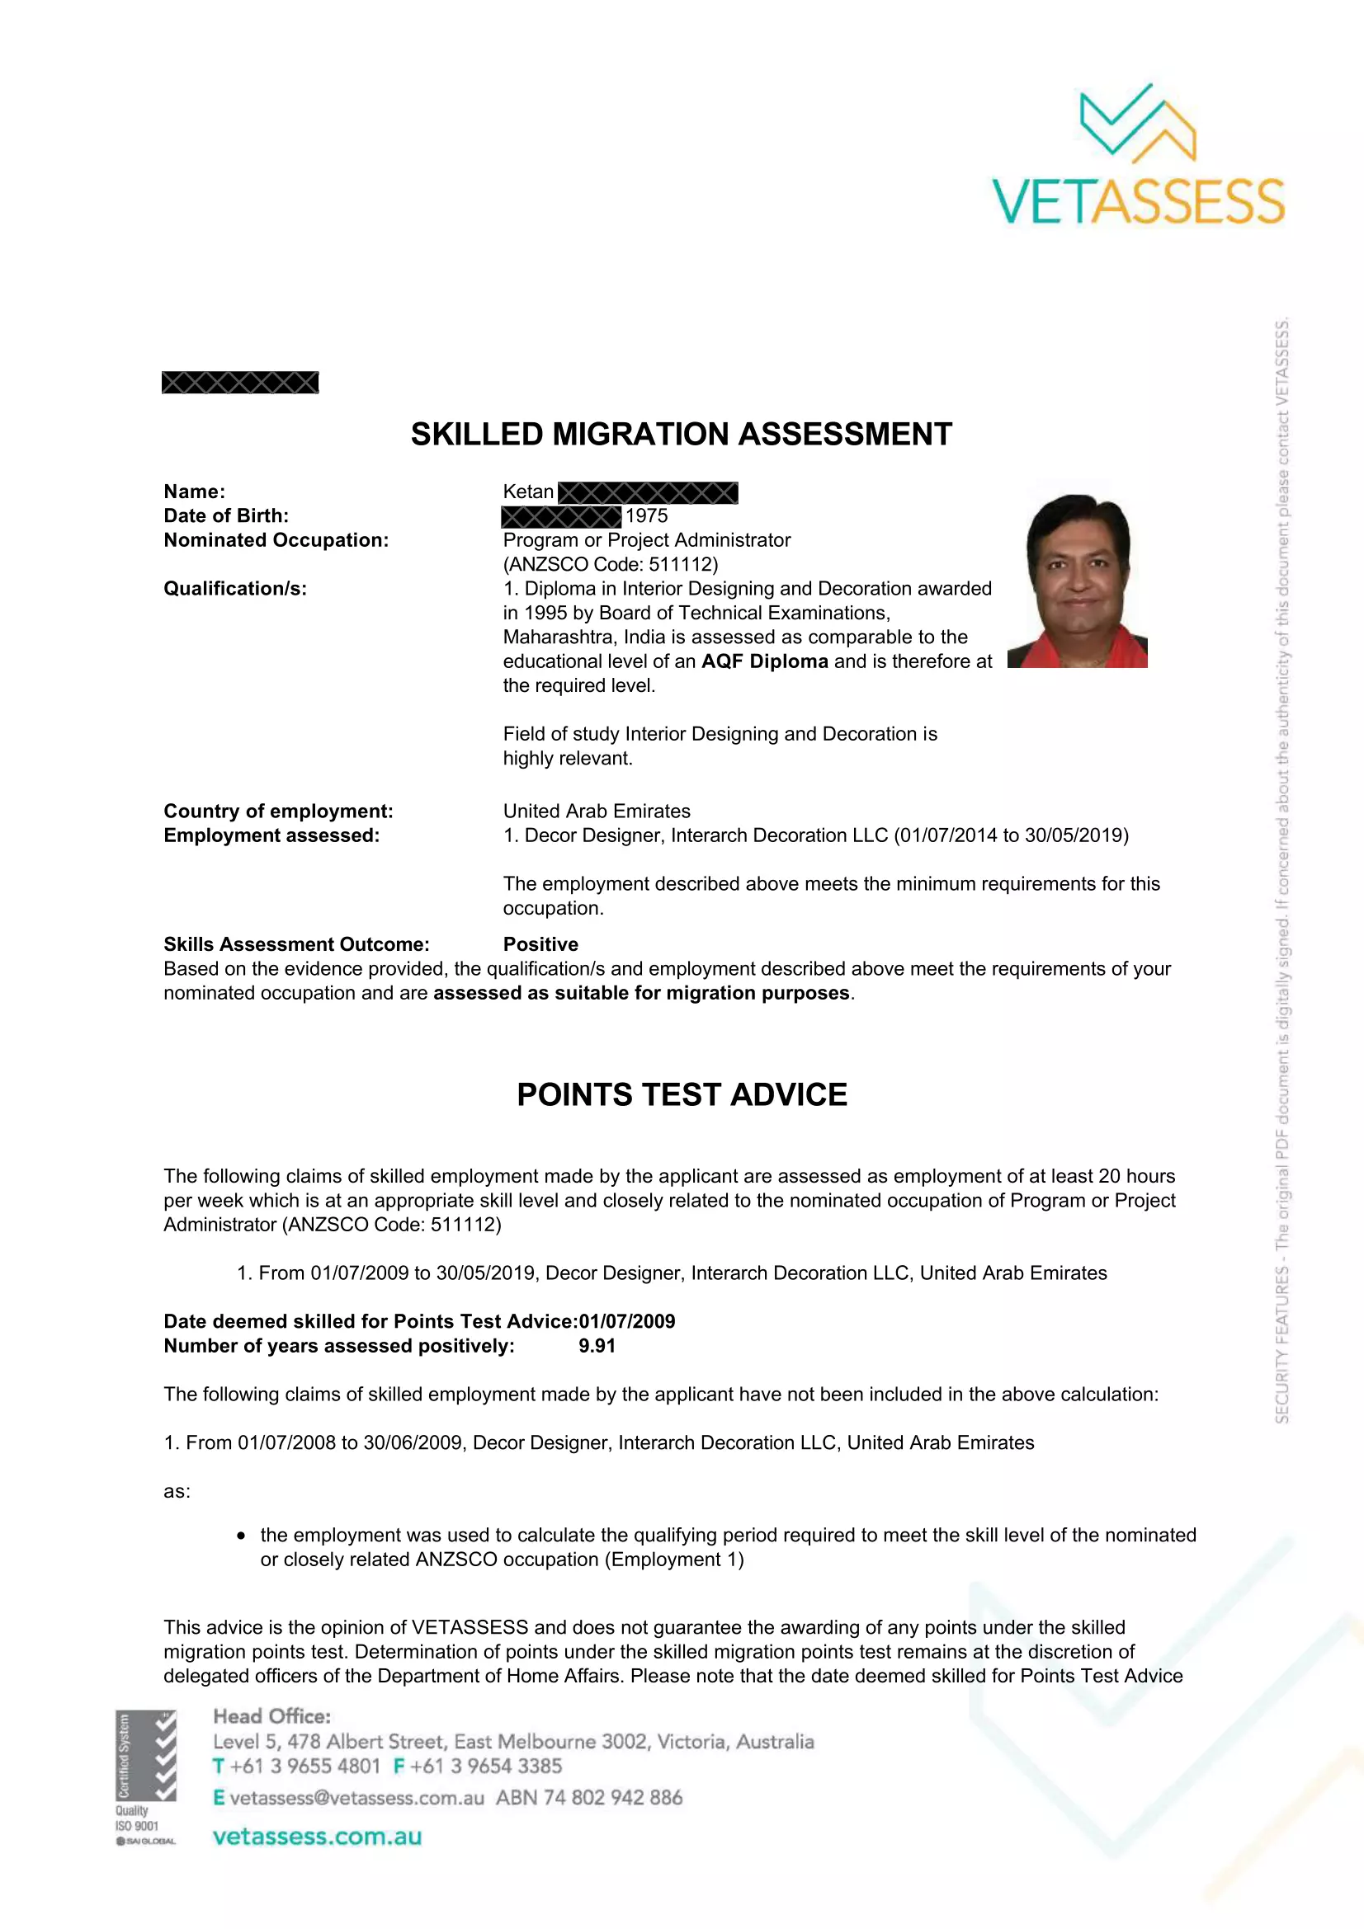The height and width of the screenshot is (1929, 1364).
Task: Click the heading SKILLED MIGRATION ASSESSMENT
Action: pyautogui.click(x=681, y=435)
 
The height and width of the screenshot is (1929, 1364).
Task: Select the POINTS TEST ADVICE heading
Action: pyautogui.click(x=682, y=1094)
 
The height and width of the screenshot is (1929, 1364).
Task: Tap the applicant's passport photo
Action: pyautogui.click(x=1078, y=581)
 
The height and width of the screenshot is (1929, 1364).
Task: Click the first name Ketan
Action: pyautogui.click(x=528, y=492)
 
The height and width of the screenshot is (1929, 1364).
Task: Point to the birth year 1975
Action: pyautogui.click(x=646, y=515)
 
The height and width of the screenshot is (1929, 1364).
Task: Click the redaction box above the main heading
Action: pyautogui.click(x=240, y=383)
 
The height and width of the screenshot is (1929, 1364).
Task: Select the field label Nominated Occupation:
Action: pyautogui.click(x=276, y=540)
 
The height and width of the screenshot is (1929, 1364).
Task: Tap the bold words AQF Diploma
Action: pyautogui.click(x=765, y=661)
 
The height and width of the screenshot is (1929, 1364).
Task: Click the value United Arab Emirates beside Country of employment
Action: pyautogui.click(x=597, y=811)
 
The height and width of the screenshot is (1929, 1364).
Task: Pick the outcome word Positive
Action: pyautogui.click(x=540, y=944)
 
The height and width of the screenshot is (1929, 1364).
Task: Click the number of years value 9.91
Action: pyautogui.click(x=597, y=1346)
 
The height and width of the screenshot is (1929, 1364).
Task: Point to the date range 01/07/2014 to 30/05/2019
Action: pyautogui.click(x=1011, y=835)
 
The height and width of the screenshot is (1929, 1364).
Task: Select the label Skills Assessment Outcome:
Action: pyautogui.click(x=296, y=944)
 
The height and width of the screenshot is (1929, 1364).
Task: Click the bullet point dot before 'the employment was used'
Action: pyautogui.click(x=241, y=1536)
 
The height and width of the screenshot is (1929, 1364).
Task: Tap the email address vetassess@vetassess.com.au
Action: pyautogui.click(x=356, y=1798)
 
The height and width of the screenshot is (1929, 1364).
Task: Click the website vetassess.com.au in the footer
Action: pyautogui.click(x=317, y=1837)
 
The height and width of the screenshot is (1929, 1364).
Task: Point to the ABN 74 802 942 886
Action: pyautogui.click(x=589, y=1798)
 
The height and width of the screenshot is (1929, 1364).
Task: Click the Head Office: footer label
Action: pyautogui.click(x=271, y=1716)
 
